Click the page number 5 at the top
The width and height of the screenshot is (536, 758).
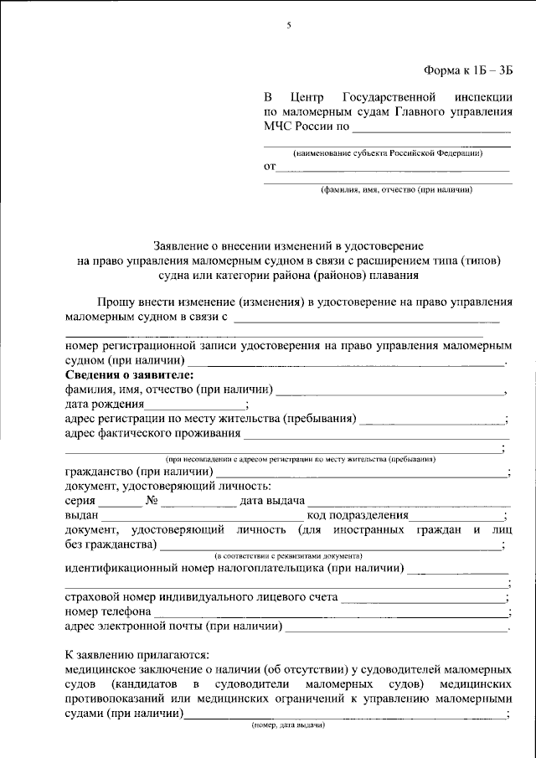click(288, 25)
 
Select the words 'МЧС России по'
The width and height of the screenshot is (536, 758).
click(306, 127)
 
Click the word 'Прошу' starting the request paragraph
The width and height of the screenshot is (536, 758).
click(114, 301)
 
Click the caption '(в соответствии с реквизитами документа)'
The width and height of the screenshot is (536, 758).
click(288, 556)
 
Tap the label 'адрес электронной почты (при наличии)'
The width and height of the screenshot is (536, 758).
click(173, 627)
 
